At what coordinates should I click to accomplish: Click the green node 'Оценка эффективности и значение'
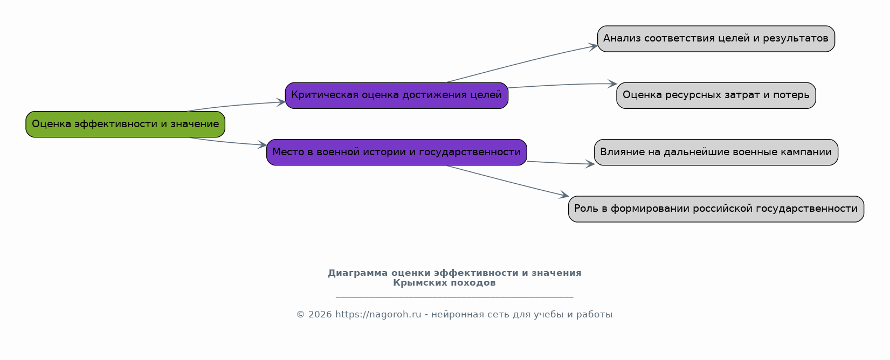(x=125, y=124)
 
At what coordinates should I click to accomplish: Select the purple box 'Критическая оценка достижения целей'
(x=397, y=95)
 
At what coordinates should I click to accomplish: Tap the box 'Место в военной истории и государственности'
(x=397, y=152)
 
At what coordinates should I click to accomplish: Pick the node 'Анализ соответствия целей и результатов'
(x=716, y=39)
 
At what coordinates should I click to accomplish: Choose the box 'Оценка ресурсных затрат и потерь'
(x=716, y=95)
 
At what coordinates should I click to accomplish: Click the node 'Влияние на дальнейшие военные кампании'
(x=716, y=152)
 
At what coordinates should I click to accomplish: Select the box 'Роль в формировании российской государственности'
(x=716, y=209)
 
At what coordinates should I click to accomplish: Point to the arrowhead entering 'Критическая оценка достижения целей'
(x=281, y=102)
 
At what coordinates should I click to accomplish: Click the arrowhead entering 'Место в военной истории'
(x=262, y=144)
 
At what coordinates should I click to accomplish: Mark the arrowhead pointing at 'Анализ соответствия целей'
(x=594, y=46)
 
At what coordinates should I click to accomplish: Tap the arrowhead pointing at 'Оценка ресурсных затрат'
(x=613, y=84)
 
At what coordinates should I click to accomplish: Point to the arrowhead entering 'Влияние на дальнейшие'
(x=590, y=164)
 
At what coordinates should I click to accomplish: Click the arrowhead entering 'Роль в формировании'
(x=564, y=195)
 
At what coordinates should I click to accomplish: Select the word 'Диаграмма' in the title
(x=357, y=273)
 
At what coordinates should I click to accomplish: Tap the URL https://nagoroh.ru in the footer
(x=378, y=315)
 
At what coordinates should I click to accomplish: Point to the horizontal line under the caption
(x=454, y=297)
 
